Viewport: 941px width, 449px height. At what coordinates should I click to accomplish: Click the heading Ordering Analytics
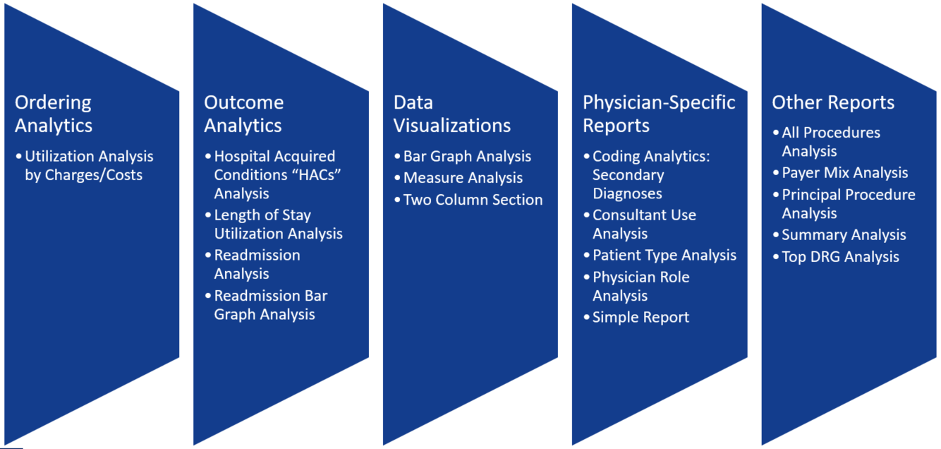click(54, 114)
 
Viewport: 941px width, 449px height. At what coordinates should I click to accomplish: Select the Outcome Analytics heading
click(243, 114)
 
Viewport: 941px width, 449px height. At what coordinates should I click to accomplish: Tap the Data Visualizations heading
click(452, 114)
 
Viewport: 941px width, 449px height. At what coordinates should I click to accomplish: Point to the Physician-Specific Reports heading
click(659, 114)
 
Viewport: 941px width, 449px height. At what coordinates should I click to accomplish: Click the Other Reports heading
click(833, 102)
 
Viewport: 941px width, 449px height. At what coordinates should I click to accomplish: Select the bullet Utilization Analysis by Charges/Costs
click(89, 166)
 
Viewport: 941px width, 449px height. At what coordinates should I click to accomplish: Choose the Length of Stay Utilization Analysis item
click(278, 224)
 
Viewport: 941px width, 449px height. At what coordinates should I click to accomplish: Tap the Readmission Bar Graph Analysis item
click(271, 305)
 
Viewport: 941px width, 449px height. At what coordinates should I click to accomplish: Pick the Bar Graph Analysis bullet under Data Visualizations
click(467, 157)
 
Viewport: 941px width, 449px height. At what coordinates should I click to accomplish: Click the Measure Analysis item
click(463, 178)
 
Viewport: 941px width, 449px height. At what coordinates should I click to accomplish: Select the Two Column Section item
click(473, 200)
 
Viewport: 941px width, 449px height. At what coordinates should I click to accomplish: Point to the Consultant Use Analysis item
click(644, 224)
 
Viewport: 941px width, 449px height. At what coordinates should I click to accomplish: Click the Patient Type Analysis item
click(664, 255)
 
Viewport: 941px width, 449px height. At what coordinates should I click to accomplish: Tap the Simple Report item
click(641, 318)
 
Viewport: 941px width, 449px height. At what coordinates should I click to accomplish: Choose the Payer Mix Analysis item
click(845, 173)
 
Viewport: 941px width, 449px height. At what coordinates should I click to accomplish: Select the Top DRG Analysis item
click(840, 257)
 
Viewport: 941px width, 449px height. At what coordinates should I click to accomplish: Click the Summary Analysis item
click(844, 235)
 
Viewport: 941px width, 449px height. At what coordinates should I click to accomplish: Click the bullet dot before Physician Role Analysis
click(586, 277)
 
